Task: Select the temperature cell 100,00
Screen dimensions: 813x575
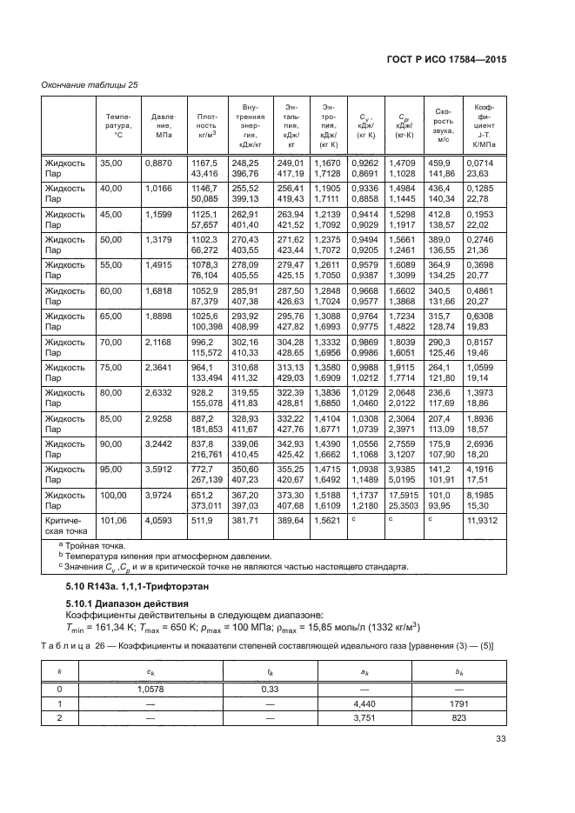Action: (114, 494)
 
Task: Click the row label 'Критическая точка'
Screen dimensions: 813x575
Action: (66, 524)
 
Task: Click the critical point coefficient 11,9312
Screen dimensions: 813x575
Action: (483, 519)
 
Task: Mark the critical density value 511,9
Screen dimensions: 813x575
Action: (204, 519)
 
